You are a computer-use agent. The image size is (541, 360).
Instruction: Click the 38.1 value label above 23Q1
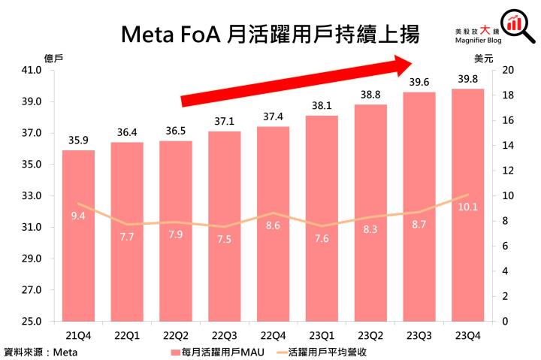322,105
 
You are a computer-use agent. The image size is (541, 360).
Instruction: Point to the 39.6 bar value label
419,82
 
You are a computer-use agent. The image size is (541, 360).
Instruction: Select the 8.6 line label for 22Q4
273,225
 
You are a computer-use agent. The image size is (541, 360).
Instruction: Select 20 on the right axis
508,71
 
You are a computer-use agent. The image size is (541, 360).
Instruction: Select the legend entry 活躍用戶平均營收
331,350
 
